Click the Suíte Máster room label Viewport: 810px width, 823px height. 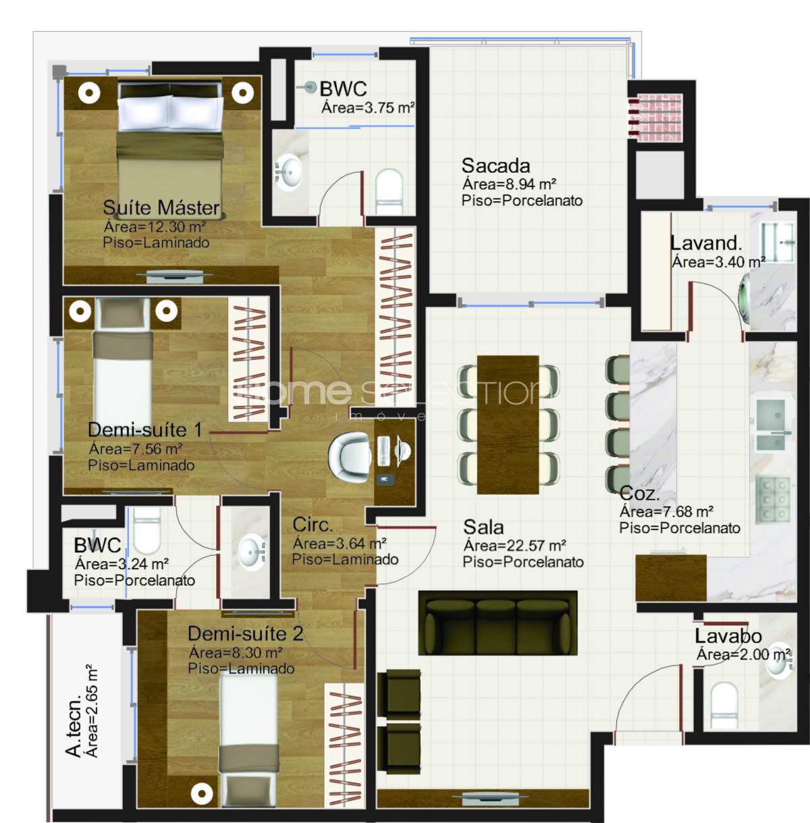click(x=161, y=207)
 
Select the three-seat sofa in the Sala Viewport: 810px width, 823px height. click(x=498, y=623)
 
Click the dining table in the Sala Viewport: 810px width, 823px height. click(x=508, y=425)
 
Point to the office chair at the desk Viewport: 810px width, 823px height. click(x=348, y=458)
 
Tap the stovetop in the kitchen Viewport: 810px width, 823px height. click(x=772, y=500)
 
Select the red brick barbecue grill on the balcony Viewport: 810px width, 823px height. click(x=655, y=118)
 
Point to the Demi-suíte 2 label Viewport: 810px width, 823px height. click(x=246, y=634)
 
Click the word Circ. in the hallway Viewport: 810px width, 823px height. click(x=313, y=525)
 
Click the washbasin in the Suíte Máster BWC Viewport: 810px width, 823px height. click(x=289, y=172)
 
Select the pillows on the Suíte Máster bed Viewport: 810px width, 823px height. click(x=170, y=113)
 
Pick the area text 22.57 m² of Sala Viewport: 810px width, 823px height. click(x=515, y=546)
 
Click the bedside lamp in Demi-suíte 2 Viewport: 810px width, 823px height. click(x=202, y=794)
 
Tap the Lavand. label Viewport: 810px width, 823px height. click(x=706, y=243)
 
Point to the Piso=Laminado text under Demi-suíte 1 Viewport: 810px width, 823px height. click(x=141, y=465)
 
